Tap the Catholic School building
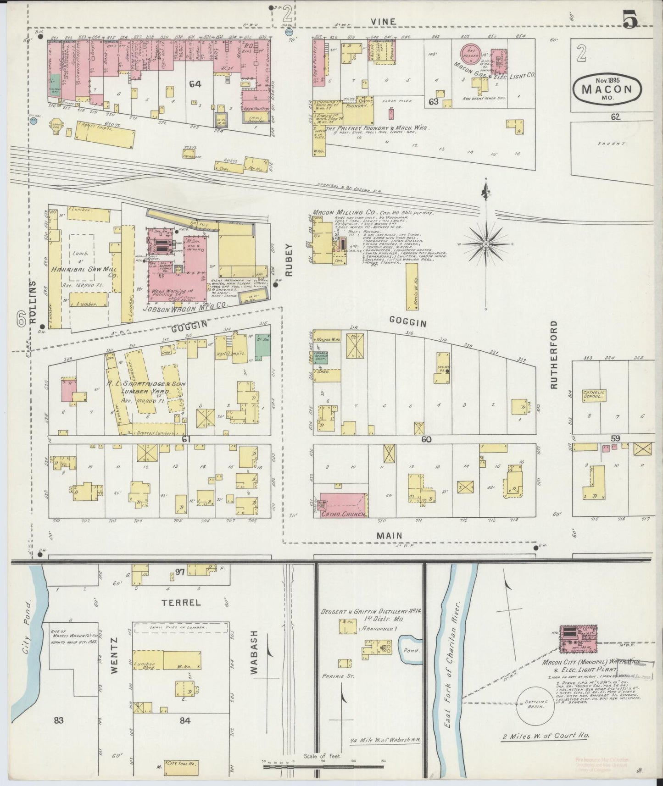(594, 395)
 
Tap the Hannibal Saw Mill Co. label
(82, 272)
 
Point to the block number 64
(195, 84)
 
